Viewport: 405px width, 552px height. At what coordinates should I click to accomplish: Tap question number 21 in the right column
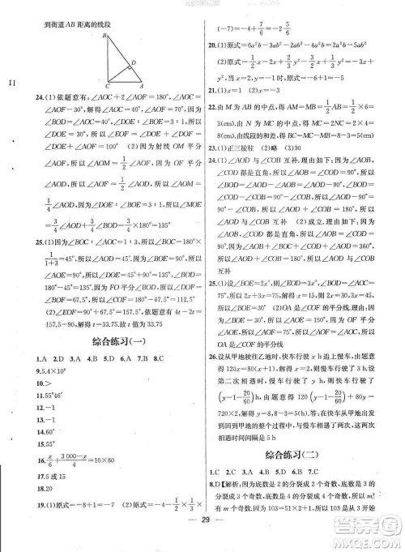tap(213, 90)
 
